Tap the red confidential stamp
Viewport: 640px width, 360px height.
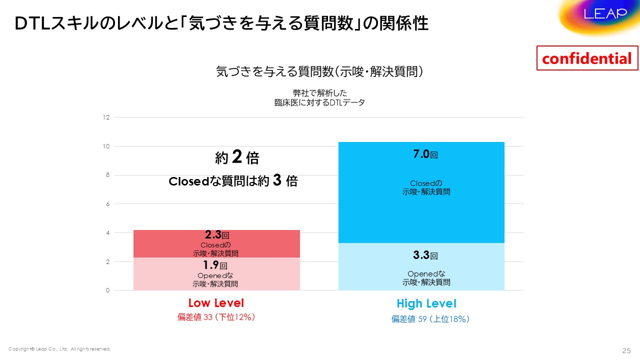[x=587, y=58]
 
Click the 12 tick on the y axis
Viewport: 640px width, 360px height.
[x=106, y=117]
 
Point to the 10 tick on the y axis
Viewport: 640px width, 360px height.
[x=106, y=146]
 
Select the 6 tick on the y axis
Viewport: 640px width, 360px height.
[x=106, y=204]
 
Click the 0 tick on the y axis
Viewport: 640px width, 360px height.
[x=106, y=290]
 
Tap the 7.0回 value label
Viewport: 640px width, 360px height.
[x=425, y=154]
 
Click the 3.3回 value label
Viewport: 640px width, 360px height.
[x=425, y=255]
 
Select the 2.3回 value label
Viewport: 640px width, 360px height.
[x=217, y=235]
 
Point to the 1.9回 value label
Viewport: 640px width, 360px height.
[x=216, y=265]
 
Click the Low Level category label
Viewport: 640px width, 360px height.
[x=216, y=303]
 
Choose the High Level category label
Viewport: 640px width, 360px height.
[x=426, y=303]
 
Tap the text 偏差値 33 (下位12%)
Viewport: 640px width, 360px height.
[x=216, y=317]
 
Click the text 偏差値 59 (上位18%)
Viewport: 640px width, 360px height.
[x=430, y=319]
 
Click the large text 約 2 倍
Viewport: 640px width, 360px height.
[x=237, y=158]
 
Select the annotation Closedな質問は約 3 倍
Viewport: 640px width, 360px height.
[x=233, y=181]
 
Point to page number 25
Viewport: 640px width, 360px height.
[x=626, y=349]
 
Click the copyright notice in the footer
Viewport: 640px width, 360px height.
[x=59, y=348]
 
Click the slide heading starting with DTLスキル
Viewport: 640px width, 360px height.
[x=221, y=23]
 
